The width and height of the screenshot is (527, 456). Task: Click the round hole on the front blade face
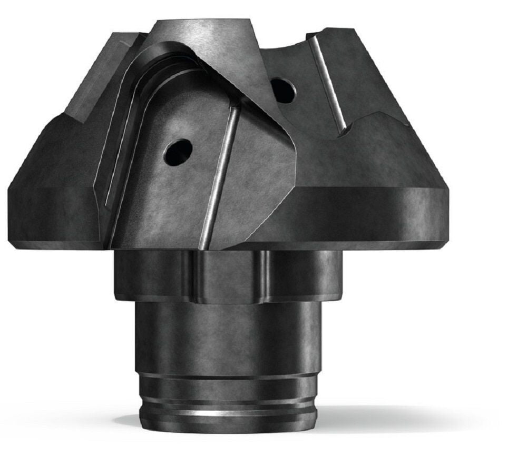click(178, 152)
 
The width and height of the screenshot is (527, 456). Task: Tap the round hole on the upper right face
click(283, 90)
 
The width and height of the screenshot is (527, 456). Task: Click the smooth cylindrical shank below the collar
click(227, 337)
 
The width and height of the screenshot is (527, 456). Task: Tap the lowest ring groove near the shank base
click(227, 406)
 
